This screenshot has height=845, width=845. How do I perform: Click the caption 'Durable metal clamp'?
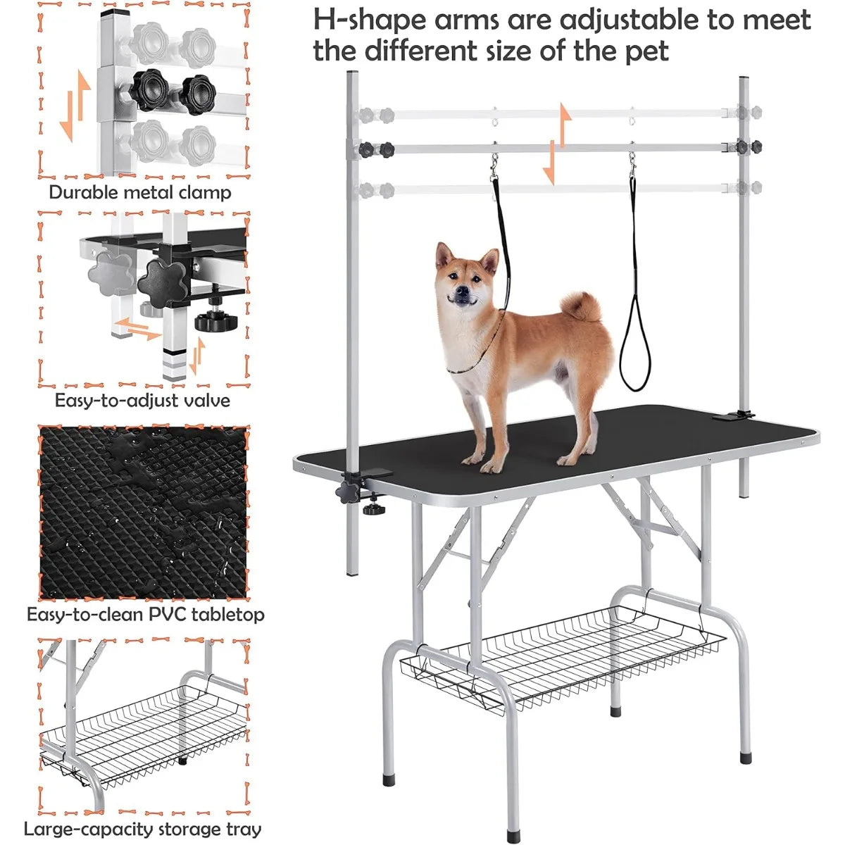pyautogui.click(x=139, y=192)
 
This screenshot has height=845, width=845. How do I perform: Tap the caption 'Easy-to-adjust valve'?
pyautogui.click(x=142, y=401)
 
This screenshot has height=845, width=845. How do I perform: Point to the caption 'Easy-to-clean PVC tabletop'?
pyautogui.click(x=146, y=614)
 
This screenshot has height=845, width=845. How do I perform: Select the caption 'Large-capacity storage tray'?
pyautogui.click(x=142, y=830)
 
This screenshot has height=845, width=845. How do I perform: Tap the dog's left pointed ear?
pyautogui.click(x=443, y=254)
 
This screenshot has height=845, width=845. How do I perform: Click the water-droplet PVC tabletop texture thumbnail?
pyautogui.click(x=144, y=512)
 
